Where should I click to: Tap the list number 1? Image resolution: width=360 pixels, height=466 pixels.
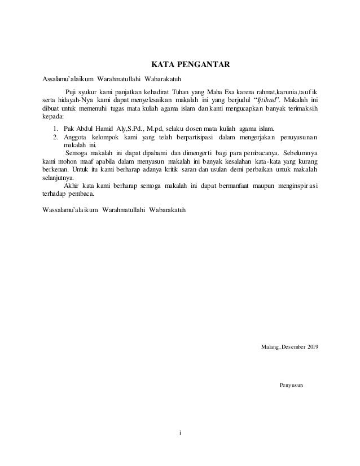point(55,129)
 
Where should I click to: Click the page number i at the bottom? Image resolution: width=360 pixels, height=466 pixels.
point(180,433)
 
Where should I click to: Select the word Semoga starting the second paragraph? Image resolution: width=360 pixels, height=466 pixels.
point(78,153)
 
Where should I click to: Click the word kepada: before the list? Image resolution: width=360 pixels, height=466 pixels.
point(54,117)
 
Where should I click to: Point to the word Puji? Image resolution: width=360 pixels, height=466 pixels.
point(73,93)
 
